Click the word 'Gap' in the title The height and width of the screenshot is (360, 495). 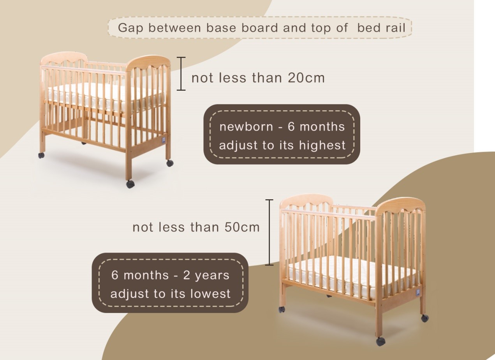pos(130,28)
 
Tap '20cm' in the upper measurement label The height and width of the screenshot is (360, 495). pos(306,78)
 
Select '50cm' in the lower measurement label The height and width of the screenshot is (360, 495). pos(242,227)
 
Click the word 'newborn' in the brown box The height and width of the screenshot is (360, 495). pos(247,127)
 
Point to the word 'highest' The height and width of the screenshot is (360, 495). pos(322,145)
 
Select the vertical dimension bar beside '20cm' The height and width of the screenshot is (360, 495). pos(181,74)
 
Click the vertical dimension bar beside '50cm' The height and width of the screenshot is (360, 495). pos(269,232)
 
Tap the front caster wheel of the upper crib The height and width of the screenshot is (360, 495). pos(130,184)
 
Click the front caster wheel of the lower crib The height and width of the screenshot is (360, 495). pos(380,341)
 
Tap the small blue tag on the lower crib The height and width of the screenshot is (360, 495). pos(418,293)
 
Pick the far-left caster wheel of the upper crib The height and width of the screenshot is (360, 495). pos(41,156)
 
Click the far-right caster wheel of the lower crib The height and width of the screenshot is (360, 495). pos(425,318)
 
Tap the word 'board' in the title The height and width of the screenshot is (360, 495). pos(259,28)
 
